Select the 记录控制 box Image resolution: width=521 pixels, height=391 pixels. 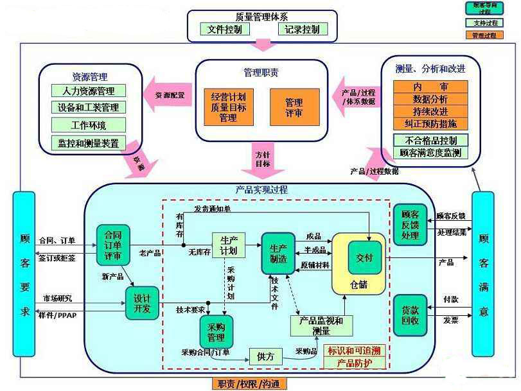point(303,30)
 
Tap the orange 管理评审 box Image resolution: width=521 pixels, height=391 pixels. point(294,107)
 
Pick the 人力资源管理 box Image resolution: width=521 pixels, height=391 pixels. point(88,91)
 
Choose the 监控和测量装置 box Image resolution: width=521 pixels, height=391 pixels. point(88,143)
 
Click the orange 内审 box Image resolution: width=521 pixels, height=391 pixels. point(430,87)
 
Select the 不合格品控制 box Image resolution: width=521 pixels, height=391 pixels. point(430,140)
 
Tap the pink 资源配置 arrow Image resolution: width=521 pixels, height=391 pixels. point(169,94)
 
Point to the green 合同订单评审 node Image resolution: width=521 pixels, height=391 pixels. point(113,244)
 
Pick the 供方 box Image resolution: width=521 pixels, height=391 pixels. point(265,356)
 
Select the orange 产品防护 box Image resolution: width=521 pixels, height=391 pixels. point(354,363)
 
